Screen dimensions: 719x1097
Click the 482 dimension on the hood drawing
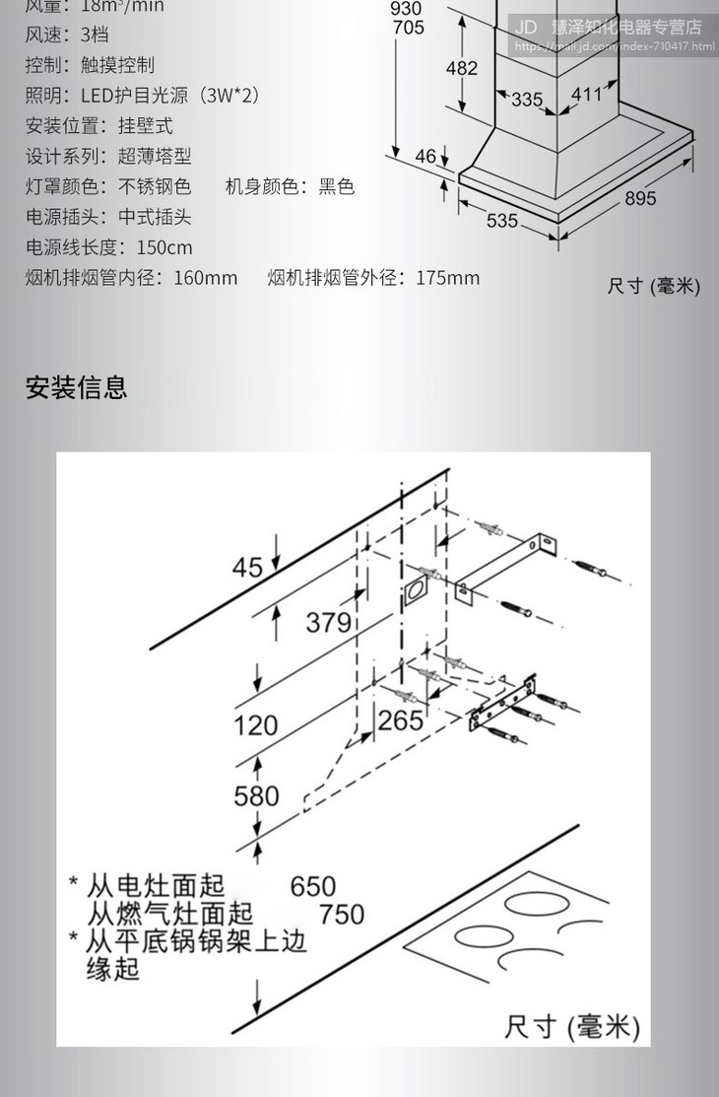point(461,68)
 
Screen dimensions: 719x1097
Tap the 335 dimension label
point(527,100)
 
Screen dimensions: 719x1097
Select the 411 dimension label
point(587,95)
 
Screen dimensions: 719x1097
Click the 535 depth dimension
point(502,221)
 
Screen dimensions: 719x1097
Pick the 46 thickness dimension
point(425,156)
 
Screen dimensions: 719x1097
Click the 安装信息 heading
point(76,387)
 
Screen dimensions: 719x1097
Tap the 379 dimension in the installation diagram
point(328,622)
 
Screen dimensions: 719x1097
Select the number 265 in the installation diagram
point(400,720)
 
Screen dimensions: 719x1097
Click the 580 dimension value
point(256,795)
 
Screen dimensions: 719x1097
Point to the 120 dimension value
point(255,726)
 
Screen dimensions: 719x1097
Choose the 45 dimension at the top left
point(247,568)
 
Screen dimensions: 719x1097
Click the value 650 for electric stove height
point(313,886)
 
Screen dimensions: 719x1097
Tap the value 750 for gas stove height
point(342,915)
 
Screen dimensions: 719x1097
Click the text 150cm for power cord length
point(164,247)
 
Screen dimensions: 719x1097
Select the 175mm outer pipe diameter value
point(447,278)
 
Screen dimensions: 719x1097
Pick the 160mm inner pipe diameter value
point(205,278)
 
